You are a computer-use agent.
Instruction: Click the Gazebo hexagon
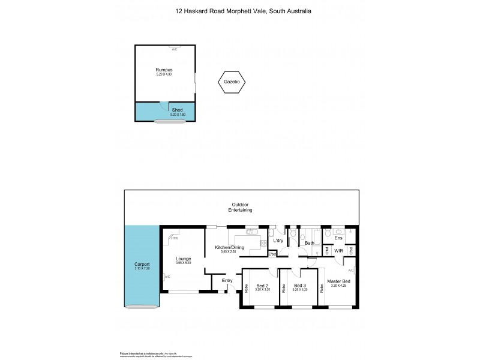(232, 82)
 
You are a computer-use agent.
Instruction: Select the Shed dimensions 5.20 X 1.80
(178, 115)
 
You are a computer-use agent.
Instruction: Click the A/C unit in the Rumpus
(175, 49)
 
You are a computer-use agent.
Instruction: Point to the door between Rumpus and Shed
(163, 105)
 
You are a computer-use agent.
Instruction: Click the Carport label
(142, 265)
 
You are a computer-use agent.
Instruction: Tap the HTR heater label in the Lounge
(175, 238)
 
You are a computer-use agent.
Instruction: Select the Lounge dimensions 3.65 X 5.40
(184, 263)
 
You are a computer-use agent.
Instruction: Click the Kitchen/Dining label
(227, 247)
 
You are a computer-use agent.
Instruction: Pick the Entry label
(227, 280)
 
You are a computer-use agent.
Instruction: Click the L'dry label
(278, 241)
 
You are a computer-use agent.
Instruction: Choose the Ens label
(339, 238)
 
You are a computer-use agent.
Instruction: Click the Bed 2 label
(262, 285)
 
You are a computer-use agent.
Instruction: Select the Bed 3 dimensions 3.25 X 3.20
(300, 290)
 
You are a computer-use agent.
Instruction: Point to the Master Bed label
(340, 281)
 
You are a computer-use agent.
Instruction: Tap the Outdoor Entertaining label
(240, 208)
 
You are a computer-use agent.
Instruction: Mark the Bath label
(310, 243)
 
